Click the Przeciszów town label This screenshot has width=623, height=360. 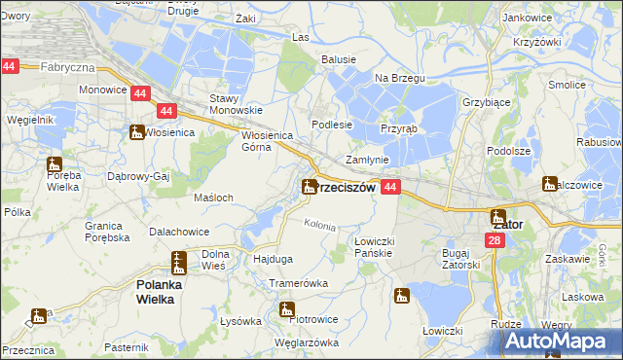point(347,188)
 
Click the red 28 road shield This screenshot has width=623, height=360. point(495,240)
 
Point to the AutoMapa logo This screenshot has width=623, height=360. point(561,342)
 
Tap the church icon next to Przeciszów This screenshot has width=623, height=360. point(309,185)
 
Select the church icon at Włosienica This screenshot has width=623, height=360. point(136,131)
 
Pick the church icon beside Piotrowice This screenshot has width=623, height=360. point(286,310)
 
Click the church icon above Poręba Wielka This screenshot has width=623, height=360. point(54,165)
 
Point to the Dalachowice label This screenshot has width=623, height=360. point(182,232)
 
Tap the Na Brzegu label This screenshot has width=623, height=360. point(395,77)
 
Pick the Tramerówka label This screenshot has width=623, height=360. point(298,282)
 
